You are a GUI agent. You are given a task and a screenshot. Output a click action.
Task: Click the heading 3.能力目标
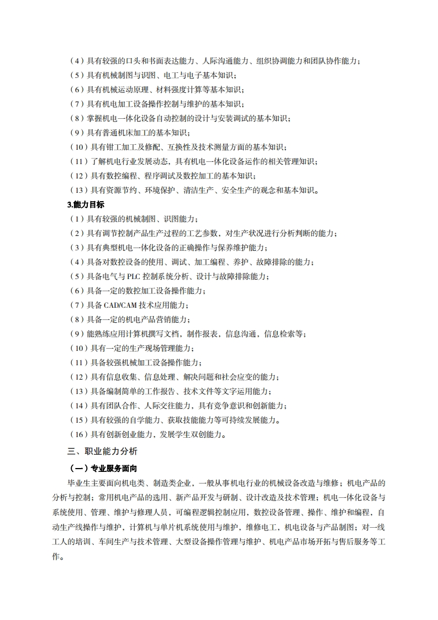pos(85,204)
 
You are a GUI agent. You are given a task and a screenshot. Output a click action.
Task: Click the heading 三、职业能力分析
pos(102,451)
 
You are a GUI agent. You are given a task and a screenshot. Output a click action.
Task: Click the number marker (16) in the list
pos(78,434)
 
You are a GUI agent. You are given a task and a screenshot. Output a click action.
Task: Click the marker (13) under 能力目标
pos(78,391)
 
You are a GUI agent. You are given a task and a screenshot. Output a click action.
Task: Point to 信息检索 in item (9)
pos(278,334)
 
